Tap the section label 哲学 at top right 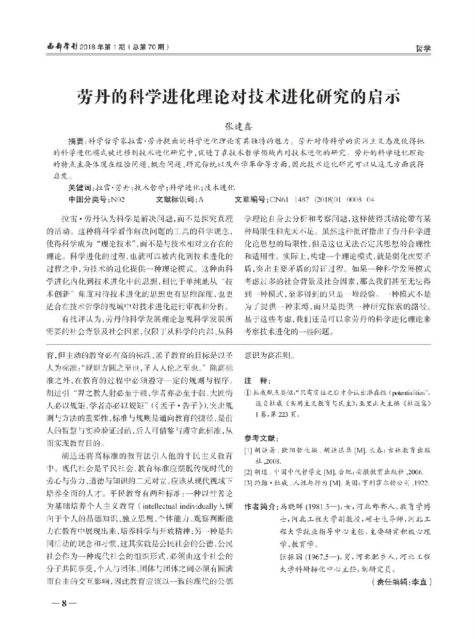click(x=423, y=48)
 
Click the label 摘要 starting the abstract click(x=76, y=141)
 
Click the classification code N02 click(x=119, y=199)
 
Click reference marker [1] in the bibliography click(x=248, y=451)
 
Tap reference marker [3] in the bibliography click(x=248, y=483)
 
